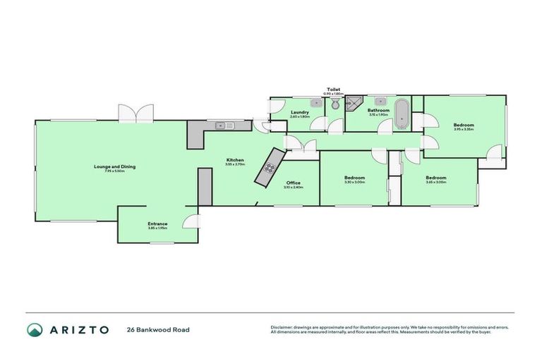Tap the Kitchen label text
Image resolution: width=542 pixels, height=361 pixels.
point(235,160)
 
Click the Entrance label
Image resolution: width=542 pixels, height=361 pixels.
point(157,224)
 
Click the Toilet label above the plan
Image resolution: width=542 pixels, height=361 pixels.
point(333,90)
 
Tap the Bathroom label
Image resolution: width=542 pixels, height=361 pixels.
point(378,110)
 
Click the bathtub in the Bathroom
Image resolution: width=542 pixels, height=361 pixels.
point(401,114)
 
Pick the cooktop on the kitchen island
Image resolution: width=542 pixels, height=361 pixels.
point(270,168)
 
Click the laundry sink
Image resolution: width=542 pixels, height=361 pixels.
point(317,103)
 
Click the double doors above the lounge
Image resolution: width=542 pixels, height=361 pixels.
point(135,113)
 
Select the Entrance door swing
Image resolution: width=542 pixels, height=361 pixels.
point(189,222)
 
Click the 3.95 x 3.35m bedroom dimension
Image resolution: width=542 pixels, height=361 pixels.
point(463,129)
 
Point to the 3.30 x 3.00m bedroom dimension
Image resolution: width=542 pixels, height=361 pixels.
point(354,182)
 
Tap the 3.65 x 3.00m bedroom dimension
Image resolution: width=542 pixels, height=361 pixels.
point(435,182)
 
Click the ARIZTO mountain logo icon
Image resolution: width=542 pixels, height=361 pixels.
point(34,329)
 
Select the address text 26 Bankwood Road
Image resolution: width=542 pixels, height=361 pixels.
point(158,329)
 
